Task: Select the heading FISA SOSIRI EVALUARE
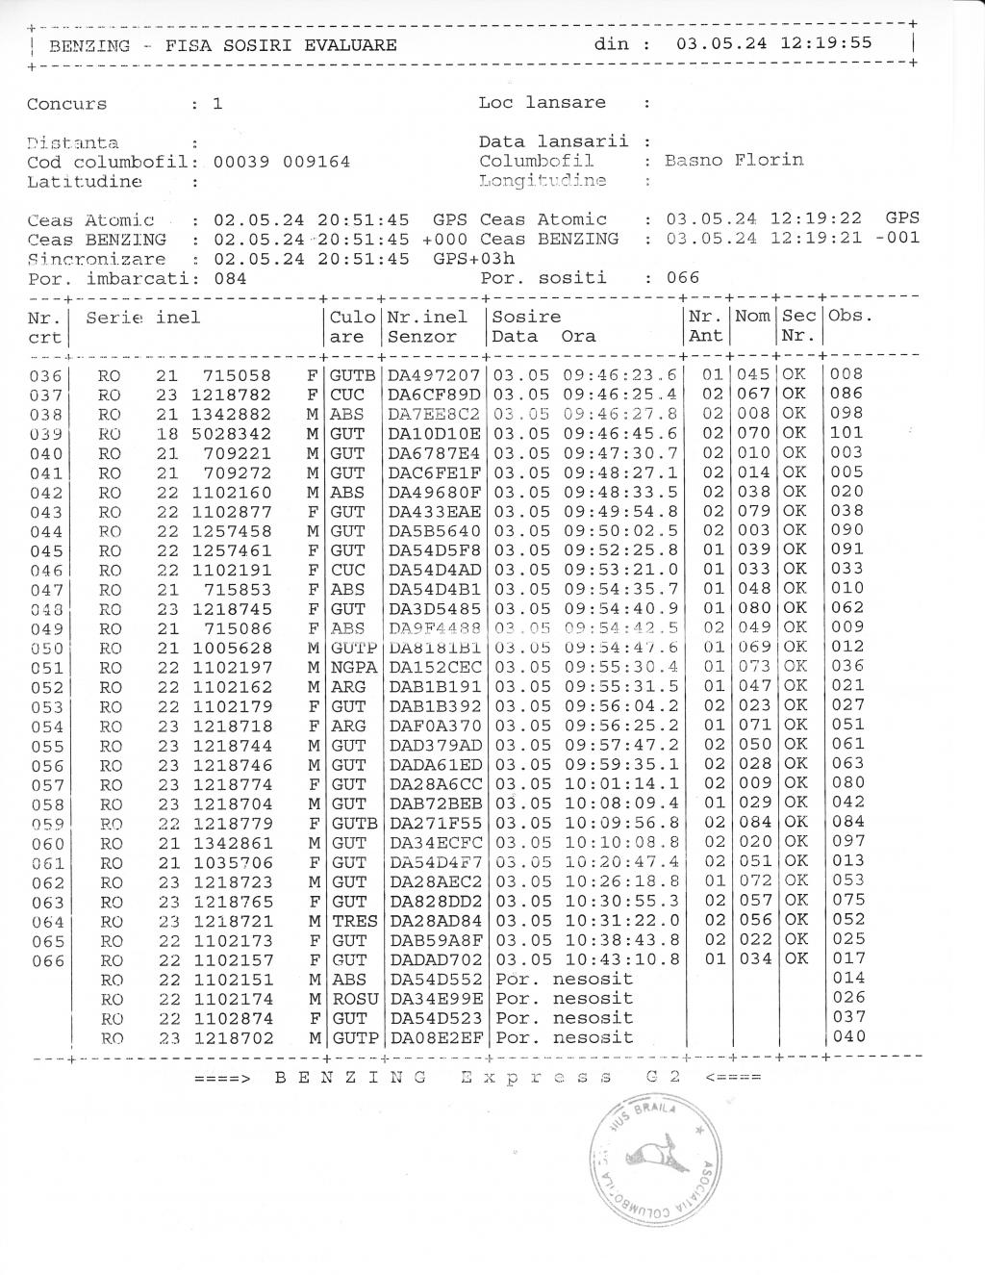click(x=280, y=45)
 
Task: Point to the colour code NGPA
click(x=352, y=667)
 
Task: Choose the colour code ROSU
click(x=354, y=999)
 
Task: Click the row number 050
click(x=46, y=648)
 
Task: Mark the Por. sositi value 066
click(x=683, y=278)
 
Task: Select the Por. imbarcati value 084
click(x=230, y=278)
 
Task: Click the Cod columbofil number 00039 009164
click(x=281, y=162)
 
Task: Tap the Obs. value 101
click(x=846, y=433)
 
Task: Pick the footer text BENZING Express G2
click(x=478, y=1077)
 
